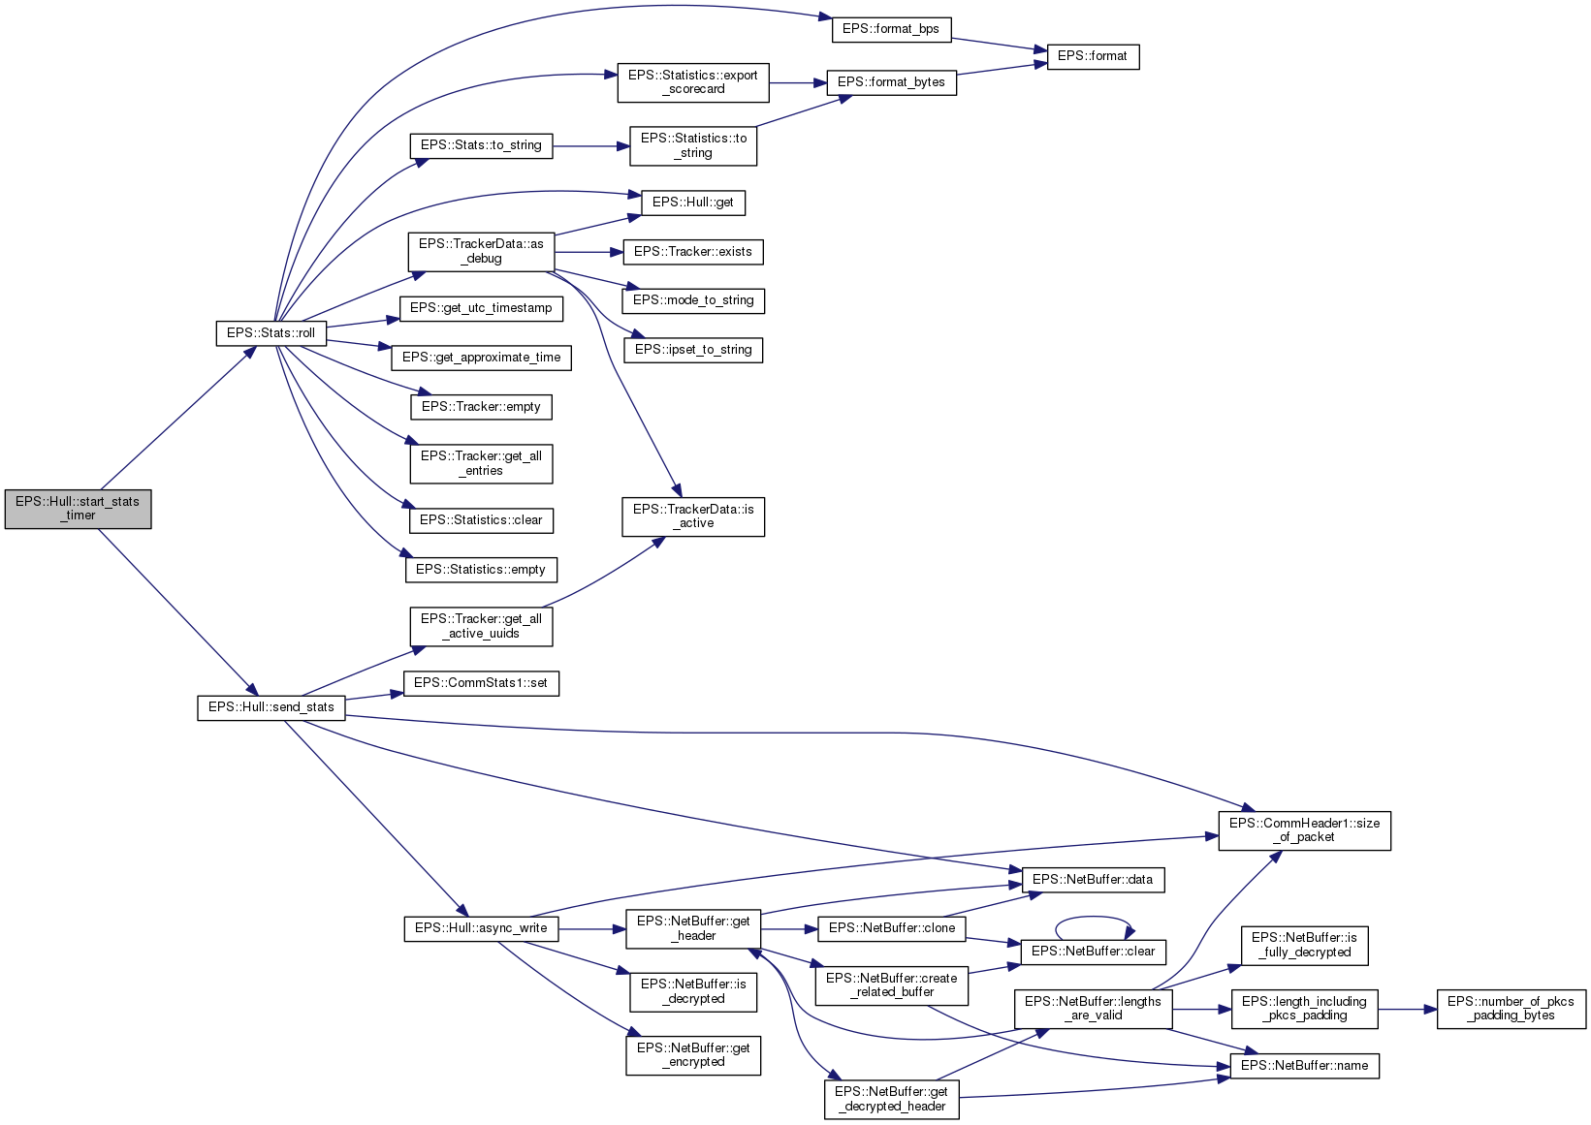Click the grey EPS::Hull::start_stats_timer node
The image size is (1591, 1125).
[x=78, y=509]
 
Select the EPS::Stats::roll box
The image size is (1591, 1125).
[x=270, y=333]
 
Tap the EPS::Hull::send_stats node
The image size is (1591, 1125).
[x=270, y=707]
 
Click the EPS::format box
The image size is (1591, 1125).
[x=1092, y=56]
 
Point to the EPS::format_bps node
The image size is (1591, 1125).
[x=890, y=29]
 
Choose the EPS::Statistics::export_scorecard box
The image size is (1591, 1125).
[x=692, y=82]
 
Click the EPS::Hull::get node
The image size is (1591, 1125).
[x=692, y=203]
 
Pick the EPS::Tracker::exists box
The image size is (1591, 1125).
[x=692, y=252]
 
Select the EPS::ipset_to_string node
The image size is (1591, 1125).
[x=692, y=350]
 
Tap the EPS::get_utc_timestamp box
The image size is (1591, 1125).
[x=481, y=308]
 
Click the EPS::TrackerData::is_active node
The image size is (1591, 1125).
[x=692, y=516]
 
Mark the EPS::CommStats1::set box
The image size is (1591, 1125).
[x=481, y=683]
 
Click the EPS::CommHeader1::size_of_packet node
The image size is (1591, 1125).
[x=1304, y=830]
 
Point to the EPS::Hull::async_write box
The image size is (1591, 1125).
[x=481, y=928]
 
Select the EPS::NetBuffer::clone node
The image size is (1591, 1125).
[x=892, y=928]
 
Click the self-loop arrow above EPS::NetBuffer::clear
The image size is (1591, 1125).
[x=1094, y=918]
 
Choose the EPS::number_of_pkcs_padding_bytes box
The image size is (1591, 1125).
[x=1511, y=1009]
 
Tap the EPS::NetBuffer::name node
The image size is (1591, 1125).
[x=1304, y=1066]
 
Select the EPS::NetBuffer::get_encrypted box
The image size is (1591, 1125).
[x=692, y=1055]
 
